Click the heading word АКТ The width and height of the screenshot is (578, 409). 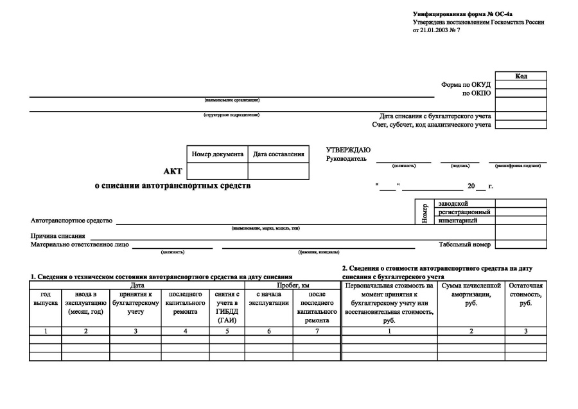point(173,171)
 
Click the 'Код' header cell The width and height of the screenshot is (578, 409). point(521,77)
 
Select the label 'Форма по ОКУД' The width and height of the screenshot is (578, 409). point(466,84)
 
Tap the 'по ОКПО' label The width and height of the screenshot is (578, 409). point(477,93)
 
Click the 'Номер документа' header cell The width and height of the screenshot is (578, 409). point(218,154)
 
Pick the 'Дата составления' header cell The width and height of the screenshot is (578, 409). point(278,154)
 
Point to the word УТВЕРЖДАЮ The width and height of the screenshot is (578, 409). point(348,150)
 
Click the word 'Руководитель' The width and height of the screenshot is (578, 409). point(346,158)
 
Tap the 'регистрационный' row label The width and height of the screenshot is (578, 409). point(464,212)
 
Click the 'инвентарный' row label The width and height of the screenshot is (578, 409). point(457,221)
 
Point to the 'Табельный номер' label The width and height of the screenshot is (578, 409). point(464,244)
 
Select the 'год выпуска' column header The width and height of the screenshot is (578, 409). point(46,298)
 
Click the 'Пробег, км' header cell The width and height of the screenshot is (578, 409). point(292,285)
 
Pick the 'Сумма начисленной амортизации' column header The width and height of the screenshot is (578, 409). point(471,294)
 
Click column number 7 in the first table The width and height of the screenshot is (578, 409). point(317,331)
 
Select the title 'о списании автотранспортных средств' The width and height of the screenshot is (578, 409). point(173,186)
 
